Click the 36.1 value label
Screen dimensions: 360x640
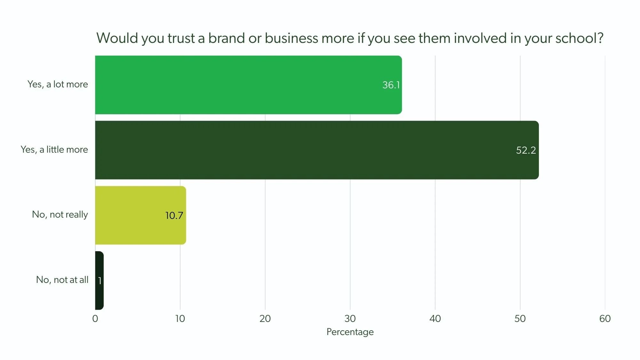[391, 85]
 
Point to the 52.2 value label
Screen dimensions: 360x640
[526, 150]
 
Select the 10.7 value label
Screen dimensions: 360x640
[174, 215]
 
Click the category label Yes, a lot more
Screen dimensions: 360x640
[58, 84]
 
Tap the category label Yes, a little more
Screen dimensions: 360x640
[54, 149]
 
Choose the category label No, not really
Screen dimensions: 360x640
[60, 214]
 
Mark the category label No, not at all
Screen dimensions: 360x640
[62, 280]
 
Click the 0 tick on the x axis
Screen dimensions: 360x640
[95, 319]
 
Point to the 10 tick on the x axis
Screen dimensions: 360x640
[180, 319]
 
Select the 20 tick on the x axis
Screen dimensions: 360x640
[265, 319]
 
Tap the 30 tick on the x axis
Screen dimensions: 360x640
[350, 319]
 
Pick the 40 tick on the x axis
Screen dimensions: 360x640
[435, 319]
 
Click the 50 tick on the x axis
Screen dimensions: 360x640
[520, 319]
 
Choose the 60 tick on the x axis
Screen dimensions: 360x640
[605, 319]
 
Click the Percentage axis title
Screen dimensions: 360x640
[350, 332]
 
